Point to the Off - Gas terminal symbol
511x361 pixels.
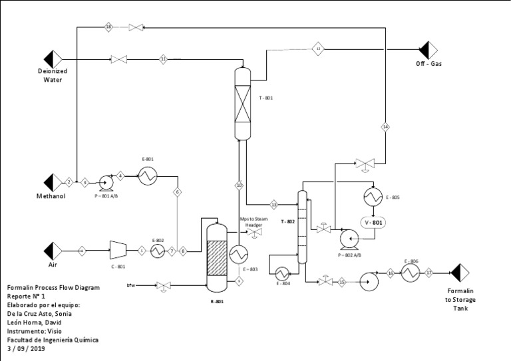click(426, 49)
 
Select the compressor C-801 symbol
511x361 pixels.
click(118, 251)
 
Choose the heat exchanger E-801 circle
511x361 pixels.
click(147, 175)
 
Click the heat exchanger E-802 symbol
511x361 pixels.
click(158, 251)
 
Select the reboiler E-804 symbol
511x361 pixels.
click(281, 273)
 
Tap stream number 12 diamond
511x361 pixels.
click(319, 49)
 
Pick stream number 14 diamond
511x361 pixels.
click(385, 126)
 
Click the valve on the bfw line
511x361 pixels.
click(161, 287)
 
